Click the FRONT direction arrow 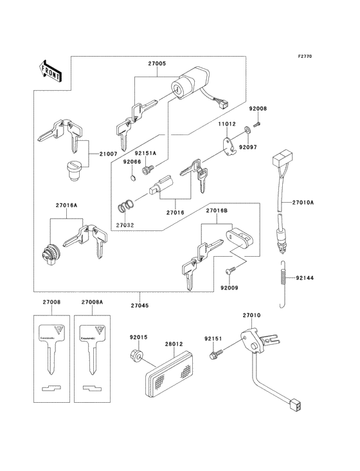(51, 70)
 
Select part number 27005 (157, 64)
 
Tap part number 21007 (109, 154)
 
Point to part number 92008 (258, 109)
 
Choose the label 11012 (226, 124)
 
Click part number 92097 (266, 147)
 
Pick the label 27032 (126, 225)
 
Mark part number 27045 (140, 304)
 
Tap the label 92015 (138, 337)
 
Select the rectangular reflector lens (168, 372)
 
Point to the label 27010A (303, 202)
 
